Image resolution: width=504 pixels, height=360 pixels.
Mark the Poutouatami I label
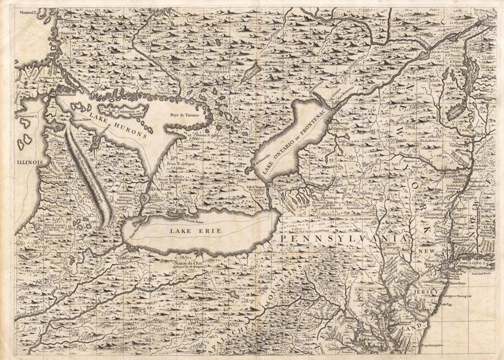point(28,116)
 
